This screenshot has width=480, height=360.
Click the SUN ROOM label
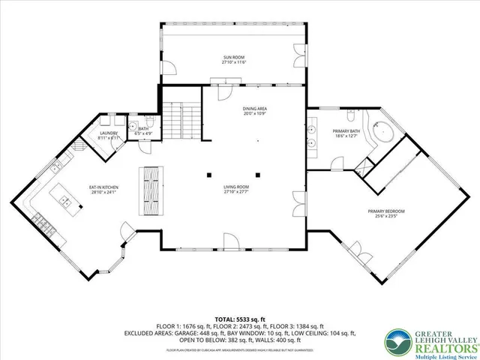(x=234, y=58)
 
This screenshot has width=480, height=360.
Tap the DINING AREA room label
(x=254, y=109)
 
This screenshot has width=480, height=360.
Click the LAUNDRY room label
(x=109, y=133)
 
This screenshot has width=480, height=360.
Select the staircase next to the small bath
(x=183, y=120)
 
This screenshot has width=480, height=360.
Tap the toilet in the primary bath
(x=350, y=116)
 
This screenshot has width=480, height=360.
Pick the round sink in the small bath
(x=133, y=126)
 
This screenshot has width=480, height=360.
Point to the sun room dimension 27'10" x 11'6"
(x=234, y=62)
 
